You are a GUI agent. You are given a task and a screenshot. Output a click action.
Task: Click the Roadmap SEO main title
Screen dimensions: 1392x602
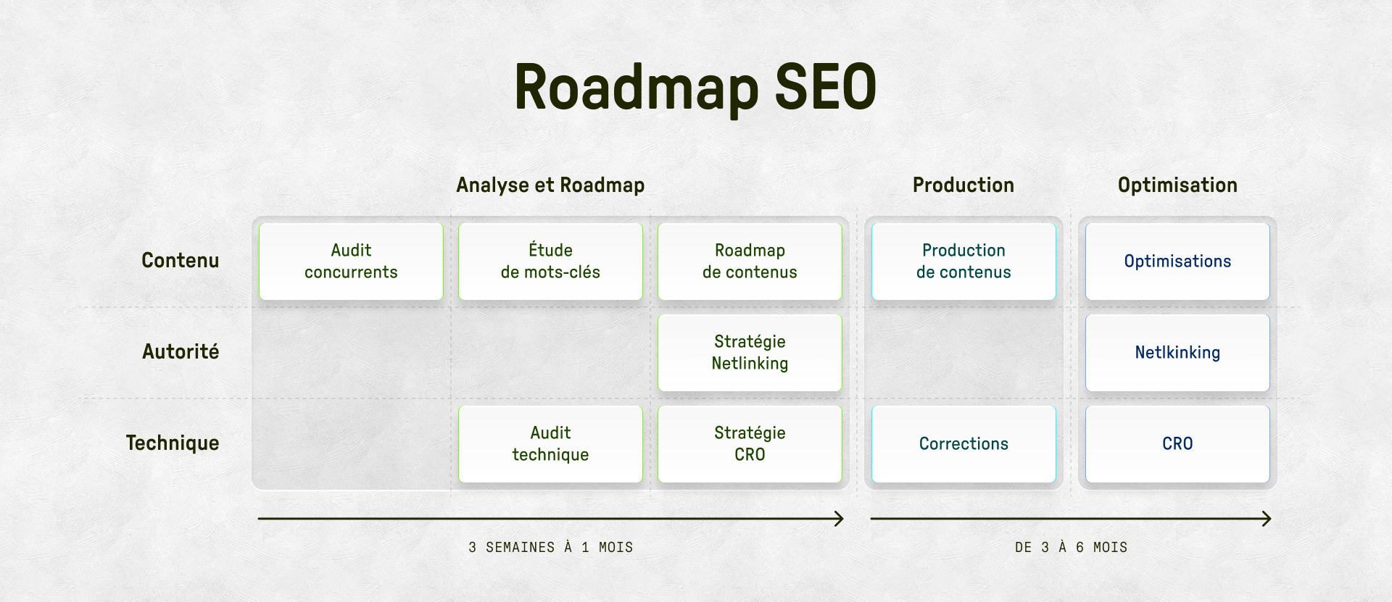coord(695,88)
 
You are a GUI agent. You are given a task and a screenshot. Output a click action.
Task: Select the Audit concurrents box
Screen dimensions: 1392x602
coord(351,262)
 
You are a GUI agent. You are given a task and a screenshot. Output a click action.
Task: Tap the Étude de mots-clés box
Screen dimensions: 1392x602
coord(550,262)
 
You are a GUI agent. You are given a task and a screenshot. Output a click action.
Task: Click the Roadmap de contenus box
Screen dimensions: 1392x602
coord(750,262)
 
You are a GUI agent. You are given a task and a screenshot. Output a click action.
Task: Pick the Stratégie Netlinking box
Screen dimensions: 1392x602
coord(750,353)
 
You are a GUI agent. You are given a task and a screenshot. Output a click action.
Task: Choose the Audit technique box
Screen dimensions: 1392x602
coord(550,444)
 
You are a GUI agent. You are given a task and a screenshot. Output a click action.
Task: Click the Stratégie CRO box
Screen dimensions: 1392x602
coord(750,444)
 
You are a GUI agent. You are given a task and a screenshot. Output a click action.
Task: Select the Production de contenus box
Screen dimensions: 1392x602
coord(964,262)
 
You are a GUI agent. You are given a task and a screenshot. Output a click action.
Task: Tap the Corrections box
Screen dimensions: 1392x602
coord(964,444)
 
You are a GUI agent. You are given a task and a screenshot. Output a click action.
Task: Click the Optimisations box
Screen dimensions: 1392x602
coord(1177,262)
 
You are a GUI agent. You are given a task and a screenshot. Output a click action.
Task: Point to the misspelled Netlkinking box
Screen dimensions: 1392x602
coord(1177,353)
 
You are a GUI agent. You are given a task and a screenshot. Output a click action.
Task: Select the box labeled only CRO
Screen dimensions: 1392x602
coord(1177,444)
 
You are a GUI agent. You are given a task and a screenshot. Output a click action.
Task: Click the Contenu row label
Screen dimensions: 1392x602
coord(180,261)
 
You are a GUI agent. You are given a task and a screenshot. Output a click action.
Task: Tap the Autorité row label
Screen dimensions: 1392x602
coord(181,352)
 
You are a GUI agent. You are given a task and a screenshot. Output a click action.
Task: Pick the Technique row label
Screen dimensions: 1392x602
coord(173,443)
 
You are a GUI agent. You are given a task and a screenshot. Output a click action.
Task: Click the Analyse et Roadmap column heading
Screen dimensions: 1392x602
coord(550,185)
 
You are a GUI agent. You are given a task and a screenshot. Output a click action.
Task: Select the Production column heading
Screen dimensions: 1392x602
coord(963,185)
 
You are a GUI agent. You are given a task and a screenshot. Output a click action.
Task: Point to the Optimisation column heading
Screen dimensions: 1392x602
coord(1177,185)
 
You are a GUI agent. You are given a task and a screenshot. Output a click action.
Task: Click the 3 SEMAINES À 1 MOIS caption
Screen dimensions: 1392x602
coord(550,548)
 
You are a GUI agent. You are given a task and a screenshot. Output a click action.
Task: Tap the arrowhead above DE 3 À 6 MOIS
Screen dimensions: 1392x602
coord(1267,519)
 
